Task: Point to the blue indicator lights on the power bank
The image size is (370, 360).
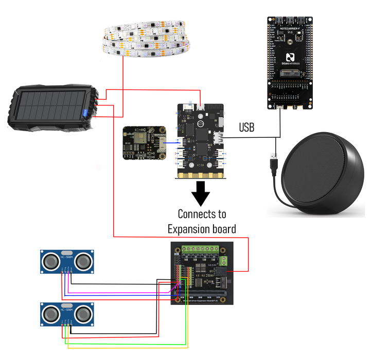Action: pos(85,113)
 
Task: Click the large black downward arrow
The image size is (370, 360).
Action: pos(201,193)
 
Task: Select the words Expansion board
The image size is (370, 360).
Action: pos(201,229)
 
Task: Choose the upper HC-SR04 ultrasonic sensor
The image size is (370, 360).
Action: pos(67,262)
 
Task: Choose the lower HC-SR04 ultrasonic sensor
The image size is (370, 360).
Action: pos(67,314)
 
